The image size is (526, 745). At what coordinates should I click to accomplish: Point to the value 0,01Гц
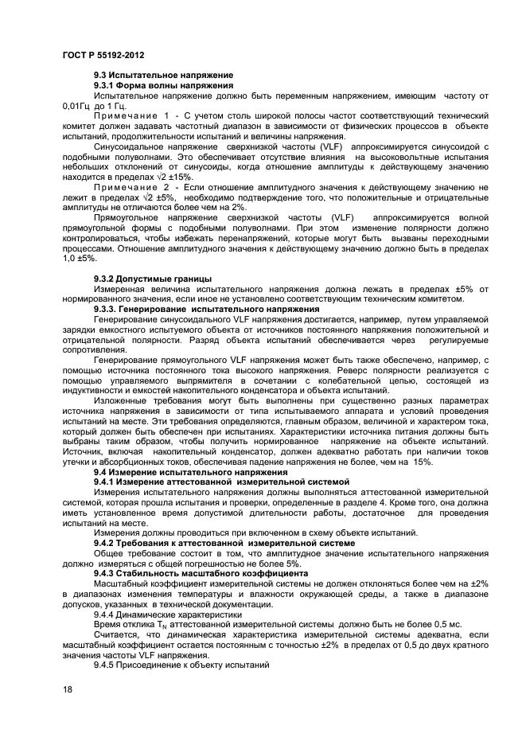pyautogui.click(x=77, y=105)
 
